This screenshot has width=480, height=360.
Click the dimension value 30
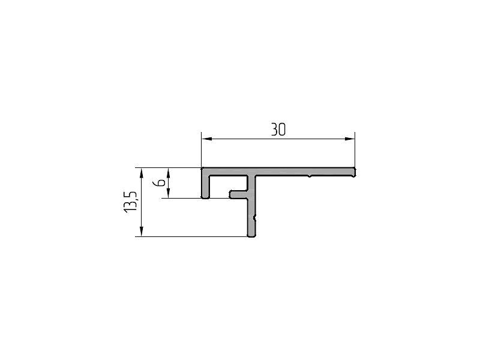point(278,130)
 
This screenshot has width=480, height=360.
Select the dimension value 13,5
point(130,202)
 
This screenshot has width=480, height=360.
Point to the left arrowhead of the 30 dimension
point(206,139)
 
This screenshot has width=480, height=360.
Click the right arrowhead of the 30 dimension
point(350,139)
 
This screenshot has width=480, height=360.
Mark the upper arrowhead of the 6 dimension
point(168,173)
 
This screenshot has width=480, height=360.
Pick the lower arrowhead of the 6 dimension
point(168,193)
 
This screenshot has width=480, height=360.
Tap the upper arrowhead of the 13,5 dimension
point(141,173)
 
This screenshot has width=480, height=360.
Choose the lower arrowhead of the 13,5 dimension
point(141,231)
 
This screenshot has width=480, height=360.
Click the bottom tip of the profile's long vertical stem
point(251,236)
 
